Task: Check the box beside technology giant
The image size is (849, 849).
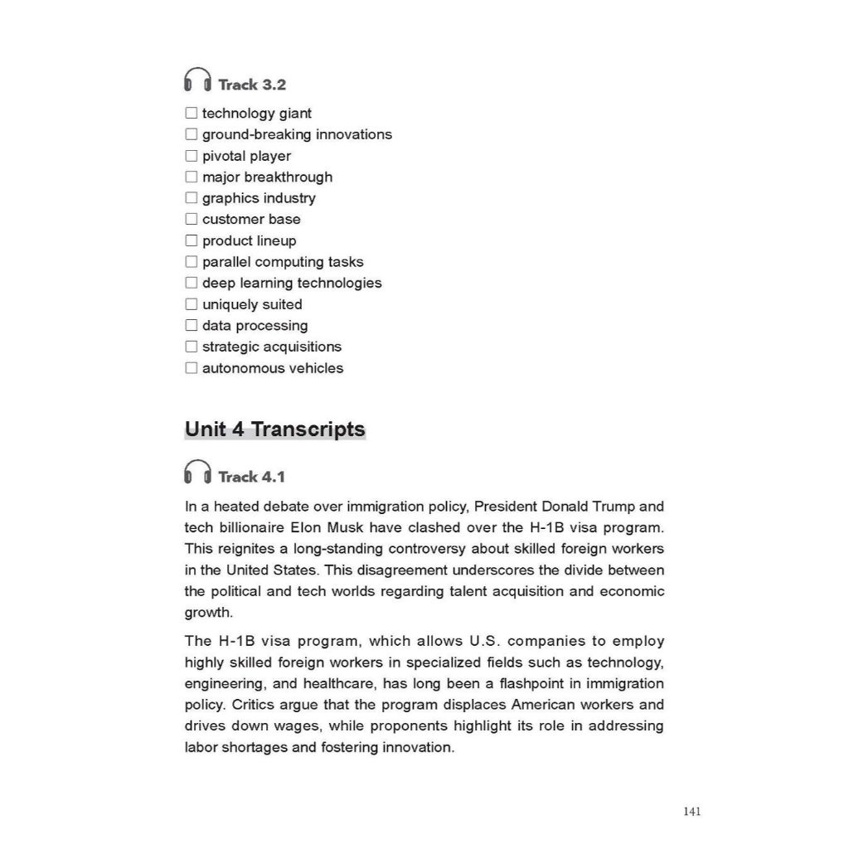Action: pos(192,114)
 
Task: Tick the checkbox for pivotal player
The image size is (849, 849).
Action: pos(192,156)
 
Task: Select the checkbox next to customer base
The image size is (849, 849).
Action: pos(192,220)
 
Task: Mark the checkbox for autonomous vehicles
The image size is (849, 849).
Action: pos(192,368)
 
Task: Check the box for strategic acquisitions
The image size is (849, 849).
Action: pos(192,347)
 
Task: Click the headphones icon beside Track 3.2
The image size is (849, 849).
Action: pos(197,80)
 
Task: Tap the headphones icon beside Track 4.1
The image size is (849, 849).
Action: pos(197,473)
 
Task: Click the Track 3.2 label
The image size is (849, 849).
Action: pos(252,85)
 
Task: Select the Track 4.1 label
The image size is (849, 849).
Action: pos(251,477)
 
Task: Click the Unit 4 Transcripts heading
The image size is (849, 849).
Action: pos(274,429)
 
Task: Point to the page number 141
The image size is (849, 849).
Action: pos(692,812)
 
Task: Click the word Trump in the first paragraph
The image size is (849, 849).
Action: pos(620,507)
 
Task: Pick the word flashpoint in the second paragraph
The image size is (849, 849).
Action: pos(535,684)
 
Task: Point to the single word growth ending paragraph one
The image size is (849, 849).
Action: pos(207,614)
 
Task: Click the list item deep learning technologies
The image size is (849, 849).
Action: pos(292,283)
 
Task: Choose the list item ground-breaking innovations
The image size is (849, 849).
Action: pos(297,134)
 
